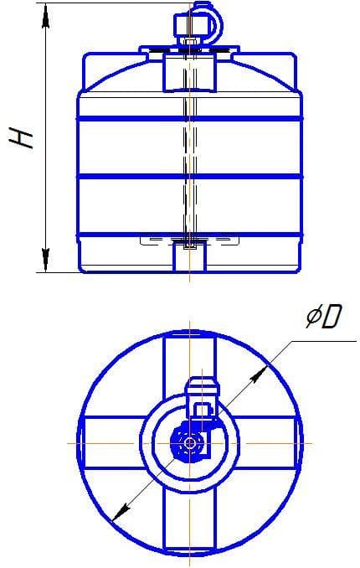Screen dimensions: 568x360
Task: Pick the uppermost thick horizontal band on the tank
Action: (189, 119)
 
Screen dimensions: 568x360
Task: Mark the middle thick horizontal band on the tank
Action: (189, 176)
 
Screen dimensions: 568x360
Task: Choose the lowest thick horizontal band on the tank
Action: (189, 233)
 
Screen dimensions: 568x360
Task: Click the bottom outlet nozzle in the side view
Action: (189, 256)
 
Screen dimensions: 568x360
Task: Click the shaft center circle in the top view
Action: (192, 441)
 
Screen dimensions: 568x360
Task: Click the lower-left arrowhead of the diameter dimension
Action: (118, 514)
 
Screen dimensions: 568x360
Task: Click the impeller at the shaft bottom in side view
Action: (189, 240)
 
